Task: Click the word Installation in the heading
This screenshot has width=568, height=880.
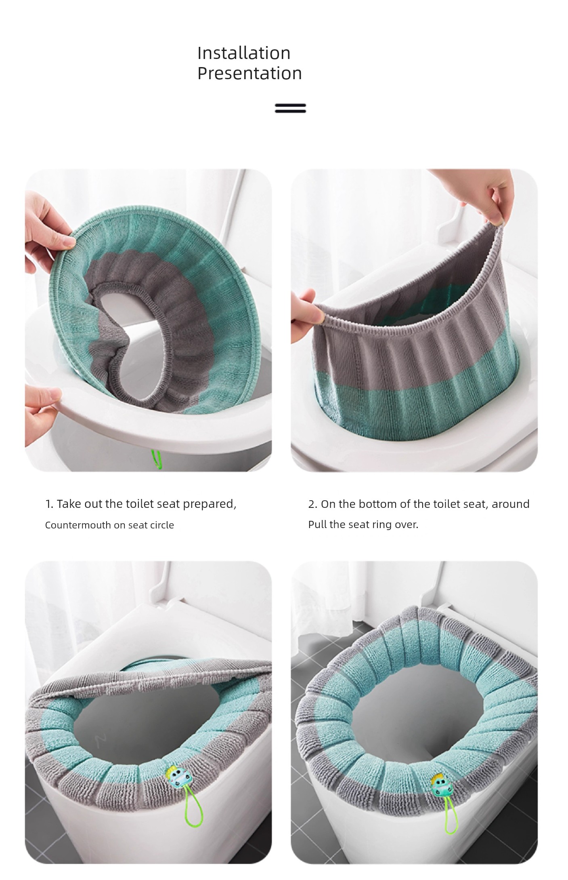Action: tap(244, 53)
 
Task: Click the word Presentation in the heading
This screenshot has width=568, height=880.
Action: tap(249, 74)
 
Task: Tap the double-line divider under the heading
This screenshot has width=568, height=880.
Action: tap(290, 108)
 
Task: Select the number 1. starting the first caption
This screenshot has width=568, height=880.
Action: tap(49, 504)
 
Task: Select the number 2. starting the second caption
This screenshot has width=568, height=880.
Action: tap(312, 504)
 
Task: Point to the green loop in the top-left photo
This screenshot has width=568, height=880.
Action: tap(156, 459)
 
